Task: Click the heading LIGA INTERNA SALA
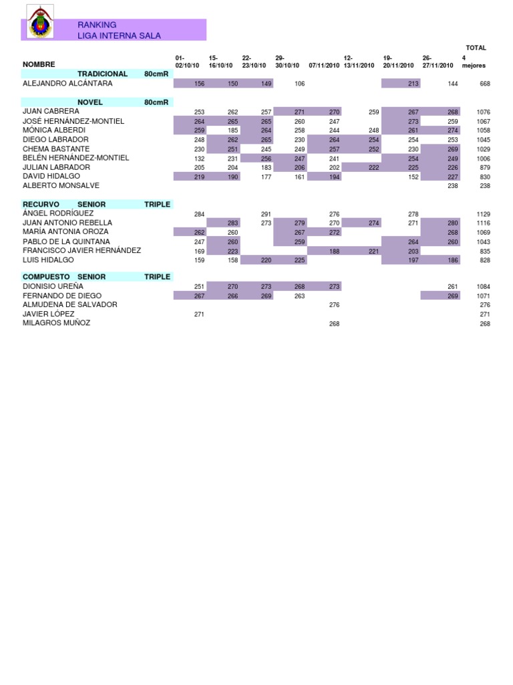pyautogui.click(x=119, y=35)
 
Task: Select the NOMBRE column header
pyautogui.click(x=39, y=64)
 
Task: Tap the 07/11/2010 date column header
pyautogui.click(x=324, y=66)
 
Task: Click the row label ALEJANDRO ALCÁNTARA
pyautogui.click(x=67, y=84)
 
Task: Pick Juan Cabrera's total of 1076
pyautogui.click(x=484, y=112)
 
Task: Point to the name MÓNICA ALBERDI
pyautogui.click(x=54, y=130)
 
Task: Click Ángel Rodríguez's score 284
pyautogui.click(x=199, y=214)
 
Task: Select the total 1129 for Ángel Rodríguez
pyautogui.click(x=484, y=214)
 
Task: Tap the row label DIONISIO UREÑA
pyautogui.click(x=53, y=286)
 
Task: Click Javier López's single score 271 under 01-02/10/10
pyautogui.click(x=199, y=314)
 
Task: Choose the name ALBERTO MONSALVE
pyautogui.click(x=61, y=185)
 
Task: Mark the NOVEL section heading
pyautogui.click(x=90, y=102)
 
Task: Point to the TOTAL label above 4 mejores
pyautogui.click(x=476, y=48)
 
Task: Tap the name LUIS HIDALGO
pyautogui.click(x=49, y=260)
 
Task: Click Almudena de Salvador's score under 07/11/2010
pyautogui.click(x=335, y=305)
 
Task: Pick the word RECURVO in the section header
pyautogui.click(x=41, y=204)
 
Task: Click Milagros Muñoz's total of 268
pyautogui.click(x=485, y=324)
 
